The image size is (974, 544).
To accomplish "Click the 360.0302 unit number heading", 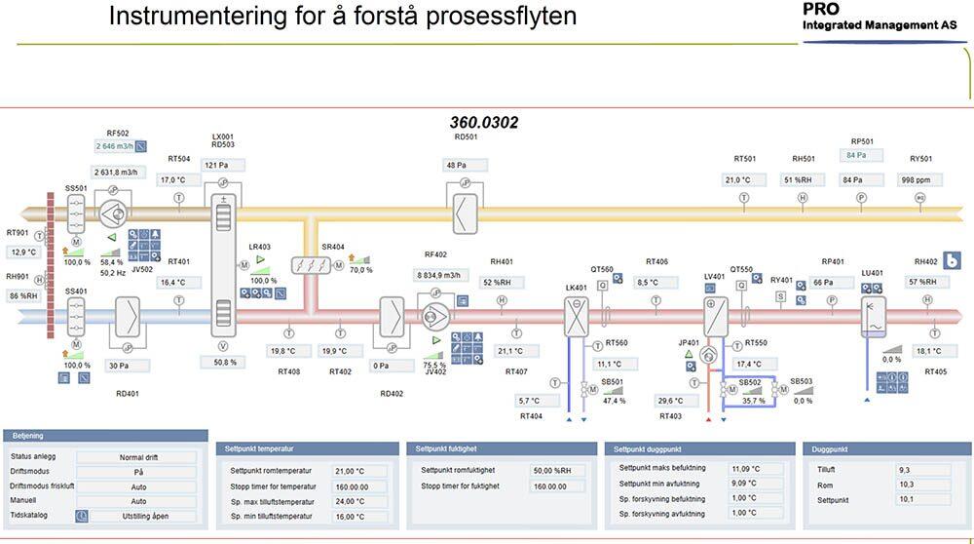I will (483, 123).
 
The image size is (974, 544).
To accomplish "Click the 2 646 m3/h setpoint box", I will (114, 147).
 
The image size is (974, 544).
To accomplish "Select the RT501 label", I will (744, 159).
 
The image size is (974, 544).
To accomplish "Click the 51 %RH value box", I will (803, 180).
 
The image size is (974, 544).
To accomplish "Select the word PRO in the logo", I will (822, 9).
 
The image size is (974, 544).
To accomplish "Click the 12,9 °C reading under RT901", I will (23, 253).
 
